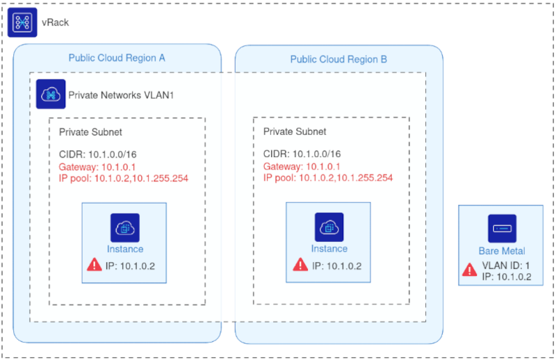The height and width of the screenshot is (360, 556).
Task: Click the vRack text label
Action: (56, 23)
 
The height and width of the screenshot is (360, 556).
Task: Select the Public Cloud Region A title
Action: (116, 58)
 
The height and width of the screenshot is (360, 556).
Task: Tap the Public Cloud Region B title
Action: (338, 59)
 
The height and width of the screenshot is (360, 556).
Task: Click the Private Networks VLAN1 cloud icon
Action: (51, 94)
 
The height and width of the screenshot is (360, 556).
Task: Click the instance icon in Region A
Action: (125, 227)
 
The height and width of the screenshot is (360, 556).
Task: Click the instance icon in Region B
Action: (329, 227)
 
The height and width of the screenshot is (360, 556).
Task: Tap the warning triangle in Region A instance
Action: (94, 265)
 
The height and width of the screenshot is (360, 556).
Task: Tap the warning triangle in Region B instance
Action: (300, 265)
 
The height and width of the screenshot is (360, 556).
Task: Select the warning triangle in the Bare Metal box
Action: (470, 270)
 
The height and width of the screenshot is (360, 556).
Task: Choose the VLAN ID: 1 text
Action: (505, 265)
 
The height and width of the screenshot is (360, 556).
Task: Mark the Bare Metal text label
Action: (502, 251)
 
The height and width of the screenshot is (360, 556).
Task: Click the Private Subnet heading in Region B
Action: (295, 131)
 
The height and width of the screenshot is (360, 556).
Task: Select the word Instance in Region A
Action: (125, 249)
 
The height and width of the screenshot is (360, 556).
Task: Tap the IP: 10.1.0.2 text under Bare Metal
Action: (507, 276)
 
